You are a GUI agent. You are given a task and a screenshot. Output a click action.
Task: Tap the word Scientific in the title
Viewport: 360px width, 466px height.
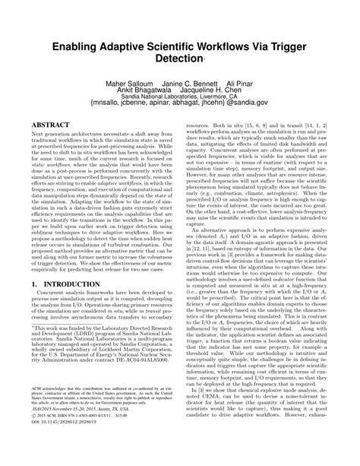coord(191,46)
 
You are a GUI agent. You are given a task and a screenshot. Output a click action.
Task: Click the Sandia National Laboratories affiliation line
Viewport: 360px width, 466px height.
coord(181,101)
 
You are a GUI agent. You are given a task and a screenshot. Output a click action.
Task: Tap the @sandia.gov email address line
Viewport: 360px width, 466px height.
coord(181,109)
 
